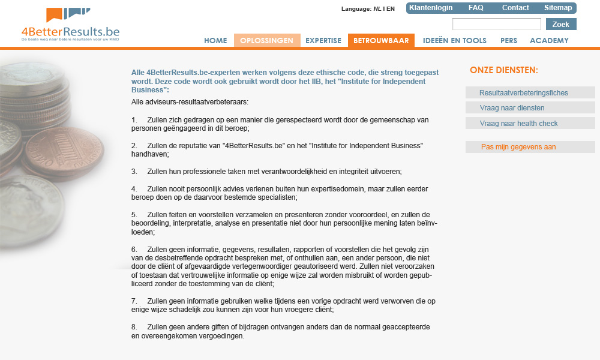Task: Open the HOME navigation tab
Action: click(x=215, y=41)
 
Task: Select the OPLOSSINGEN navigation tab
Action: click(x=266, y=41)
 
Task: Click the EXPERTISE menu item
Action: click(x=323, y=41)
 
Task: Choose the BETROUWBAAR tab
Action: click(x=381, y=41)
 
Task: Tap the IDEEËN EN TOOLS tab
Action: click(x=446, y=41)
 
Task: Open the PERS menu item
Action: click(x=509, y=41)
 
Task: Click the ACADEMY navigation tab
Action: click(x=549, y=41)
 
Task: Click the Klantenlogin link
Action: click(x=431, y=8)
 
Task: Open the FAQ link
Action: click(x=476, y=8)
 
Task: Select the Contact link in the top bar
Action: click(x=515, y=8)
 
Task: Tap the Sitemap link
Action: click(x=558, y=8)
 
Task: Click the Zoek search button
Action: click(x=561, y=25)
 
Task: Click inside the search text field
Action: click(x=496, y=25)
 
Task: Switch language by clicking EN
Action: click(x=391, y=9)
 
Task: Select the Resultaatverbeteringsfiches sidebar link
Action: click(x=524, y=93)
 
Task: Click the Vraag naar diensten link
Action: click(x=512, y=108)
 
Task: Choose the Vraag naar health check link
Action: click(x=519, y=124)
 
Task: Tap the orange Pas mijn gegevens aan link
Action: click(x=518, y=147)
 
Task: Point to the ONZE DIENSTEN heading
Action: click(x=504, y=70)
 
